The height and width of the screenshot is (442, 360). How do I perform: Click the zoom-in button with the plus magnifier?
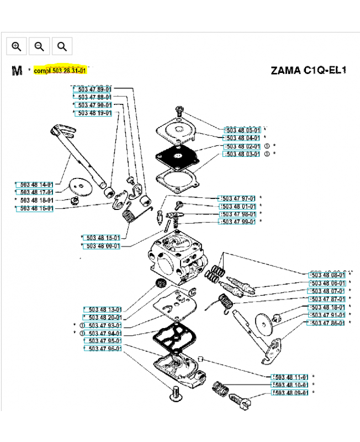tap(17, 46)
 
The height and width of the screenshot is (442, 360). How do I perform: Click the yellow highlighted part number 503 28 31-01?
tap(61, 71)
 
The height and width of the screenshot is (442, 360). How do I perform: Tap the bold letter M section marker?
tap(17, 71)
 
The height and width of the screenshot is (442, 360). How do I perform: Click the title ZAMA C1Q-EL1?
tap(305, 71)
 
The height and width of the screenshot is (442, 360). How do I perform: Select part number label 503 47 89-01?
tap(94, 88)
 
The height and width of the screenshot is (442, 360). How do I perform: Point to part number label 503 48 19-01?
tap(94, 113)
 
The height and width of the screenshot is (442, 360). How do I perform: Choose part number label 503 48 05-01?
tap(243, 129)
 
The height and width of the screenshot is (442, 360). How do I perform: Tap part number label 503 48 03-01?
tap(243, 154)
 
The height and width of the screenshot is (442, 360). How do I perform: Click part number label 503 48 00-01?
tap(103, 245)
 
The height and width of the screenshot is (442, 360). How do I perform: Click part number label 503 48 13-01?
tap(103, 309)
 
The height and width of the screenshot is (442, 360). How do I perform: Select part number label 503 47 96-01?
tap(103, 349)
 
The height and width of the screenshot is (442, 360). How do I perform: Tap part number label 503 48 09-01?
tap(290, 392)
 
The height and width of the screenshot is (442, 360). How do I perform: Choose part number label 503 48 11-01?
tap(290, 377)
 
